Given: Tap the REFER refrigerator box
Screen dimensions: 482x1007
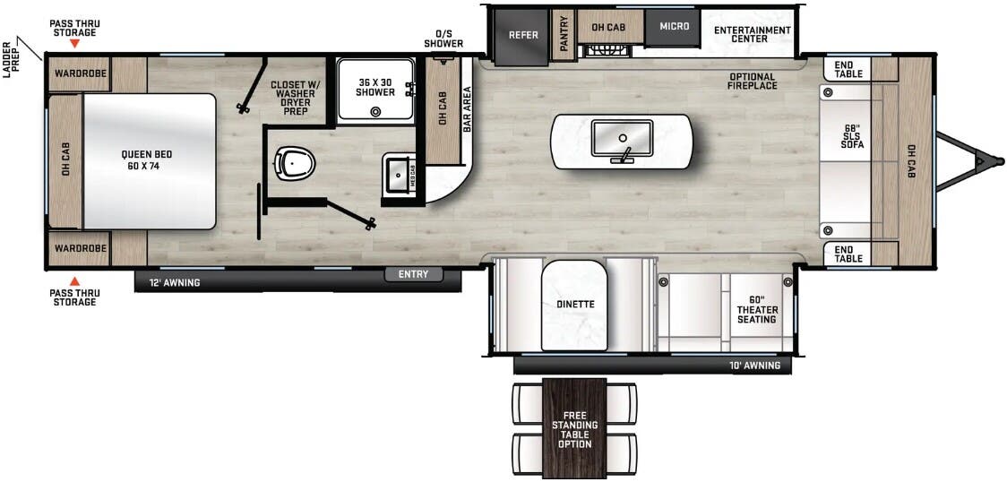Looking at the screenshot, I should click(x=523, y=35).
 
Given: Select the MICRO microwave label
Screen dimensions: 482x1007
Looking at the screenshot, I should click(x=675, y=26).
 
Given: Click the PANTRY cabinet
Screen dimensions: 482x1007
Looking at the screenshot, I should click(x=564, y=35).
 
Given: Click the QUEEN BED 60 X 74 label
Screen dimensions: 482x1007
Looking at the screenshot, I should click(x=147, y=159).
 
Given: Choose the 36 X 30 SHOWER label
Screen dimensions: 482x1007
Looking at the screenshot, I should click(x=374, y=87).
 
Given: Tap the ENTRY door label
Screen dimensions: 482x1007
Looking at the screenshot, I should click(x=414, y=274).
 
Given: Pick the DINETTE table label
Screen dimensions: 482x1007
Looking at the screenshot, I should click(x=574, y=304).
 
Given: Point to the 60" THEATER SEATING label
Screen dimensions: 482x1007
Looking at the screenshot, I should click(x=757, y=309).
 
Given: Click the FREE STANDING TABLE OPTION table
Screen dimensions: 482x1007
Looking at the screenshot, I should click(x=574, y=427).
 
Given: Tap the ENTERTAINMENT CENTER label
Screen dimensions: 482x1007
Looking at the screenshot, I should click(x=753, y=34).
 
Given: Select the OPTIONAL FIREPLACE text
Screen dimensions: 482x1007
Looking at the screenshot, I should click(x=753, y=82).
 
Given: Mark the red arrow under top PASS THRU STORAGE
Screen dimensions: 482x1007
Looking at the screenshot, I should click(x=75, y=43).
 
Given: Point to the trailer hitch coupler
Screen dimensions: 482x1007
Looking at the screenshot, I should click(x=983, y=162).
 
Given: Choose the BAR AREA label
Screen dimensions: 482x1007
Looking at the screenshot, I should click(x=466, y=109).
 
